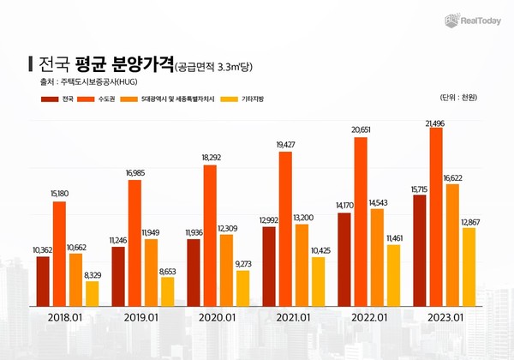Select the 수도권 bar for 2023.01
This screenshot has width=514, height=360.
coord(437,218)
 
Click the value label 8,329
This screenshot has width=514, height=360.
coord(93,274)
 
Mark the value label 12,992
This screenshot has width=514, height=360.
coord(268,220)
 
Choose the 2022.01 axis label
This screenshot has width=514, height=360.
coord(368,319)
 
